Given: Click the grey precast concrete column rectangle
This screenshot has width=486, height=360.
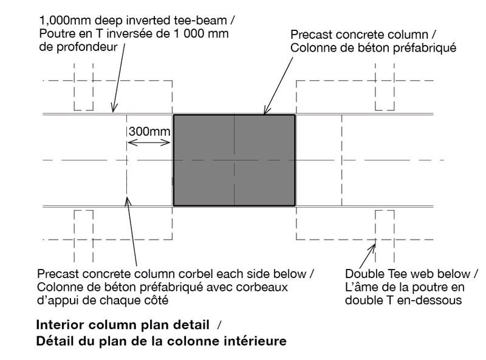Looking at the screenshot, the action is pyautogui.click(x=234, y=160).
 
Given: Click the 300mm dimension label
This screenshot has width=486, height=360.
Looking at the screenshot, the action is pyautogui.click(x=149, y=132).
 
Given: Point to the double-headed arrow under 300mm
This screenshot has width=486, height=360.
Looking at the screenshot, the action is pyautogui.click(x=149, y=143).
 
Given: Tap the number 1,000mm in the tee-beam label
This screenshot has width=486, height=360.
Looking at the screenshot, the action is pyautogui.click(x=66, y=21).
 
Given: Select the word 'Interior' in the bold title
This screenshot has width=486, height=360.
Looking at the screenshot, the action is pyautogui.click(x=60, y=325).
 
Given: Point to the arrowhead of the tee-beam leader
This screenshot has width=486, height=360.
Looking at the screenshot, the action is pyautogui.click(x=113, y=110).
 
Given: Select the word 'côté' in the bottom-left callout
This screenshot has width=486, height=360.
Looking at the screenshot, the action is pyautogui.click(x=156, y=301).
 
